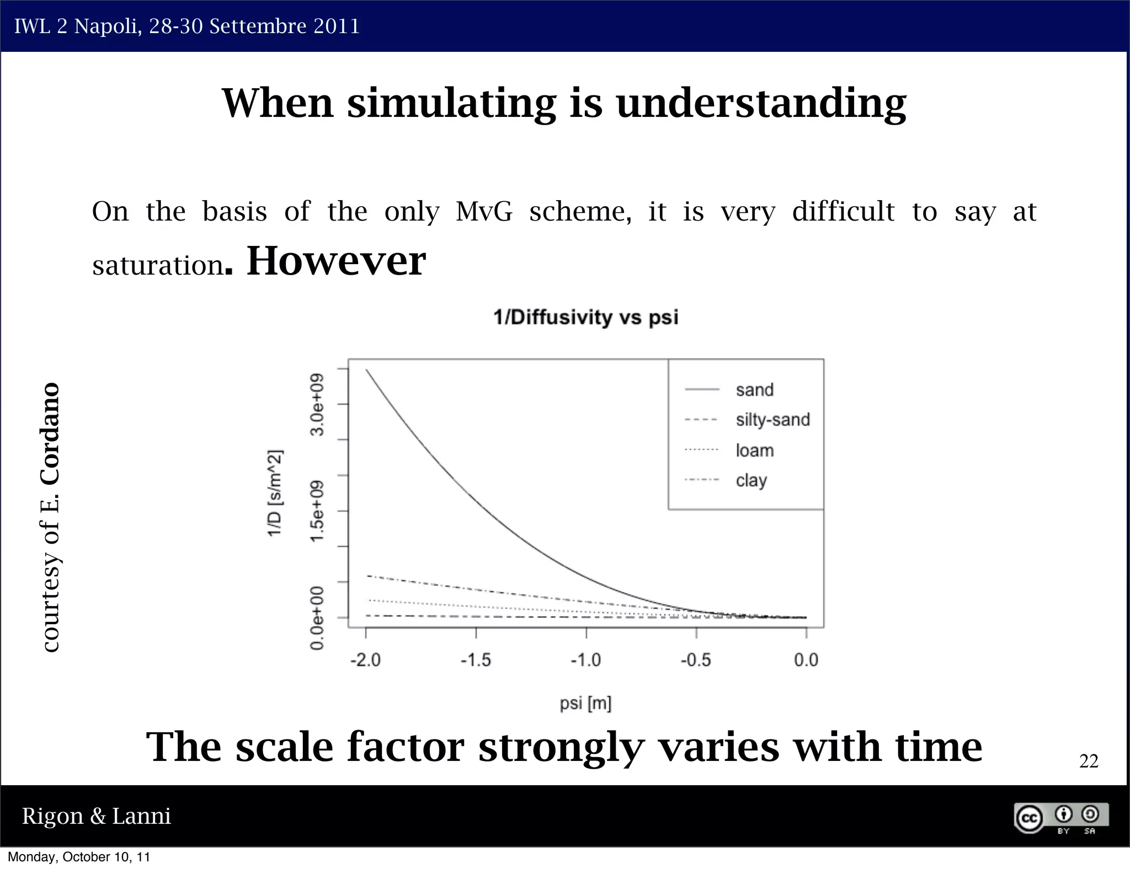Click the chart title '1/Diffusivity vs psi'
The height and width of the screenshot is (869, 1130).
585,318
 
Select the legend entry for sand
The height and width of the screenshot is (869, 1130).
754,390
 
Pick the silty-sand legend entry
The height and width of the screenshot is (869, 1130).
772,420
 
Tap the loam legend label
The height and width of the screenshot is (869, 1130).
754,450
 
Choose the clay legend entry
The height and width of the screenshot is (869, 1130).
751,480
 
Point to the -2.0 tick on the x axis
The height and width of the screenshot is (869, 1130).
366,660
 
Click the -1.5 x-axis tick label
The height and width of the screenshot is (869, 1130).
476,660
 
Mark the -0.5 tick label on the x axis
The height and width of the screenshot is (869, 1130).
696,660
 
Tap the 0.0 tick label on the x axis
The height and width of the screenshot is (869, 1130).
806,660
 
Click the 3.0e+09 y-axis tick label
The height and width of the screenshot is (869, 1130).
317,404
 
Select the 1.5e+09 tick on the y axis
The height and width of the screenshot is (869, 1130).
317,511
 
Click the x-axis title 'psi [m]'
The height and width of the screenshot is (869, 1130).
585,704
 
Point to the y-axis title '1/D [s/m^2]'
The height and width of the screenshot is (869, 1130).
275,492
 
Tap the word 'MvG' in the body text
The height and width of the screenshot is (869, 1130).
484,212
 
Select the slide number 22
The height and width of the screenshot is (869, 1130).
1088,761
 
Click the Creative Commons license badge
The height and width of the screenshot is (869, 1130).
1060,818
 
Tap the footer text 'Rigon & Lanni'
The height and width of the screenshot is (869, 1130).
97,816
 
